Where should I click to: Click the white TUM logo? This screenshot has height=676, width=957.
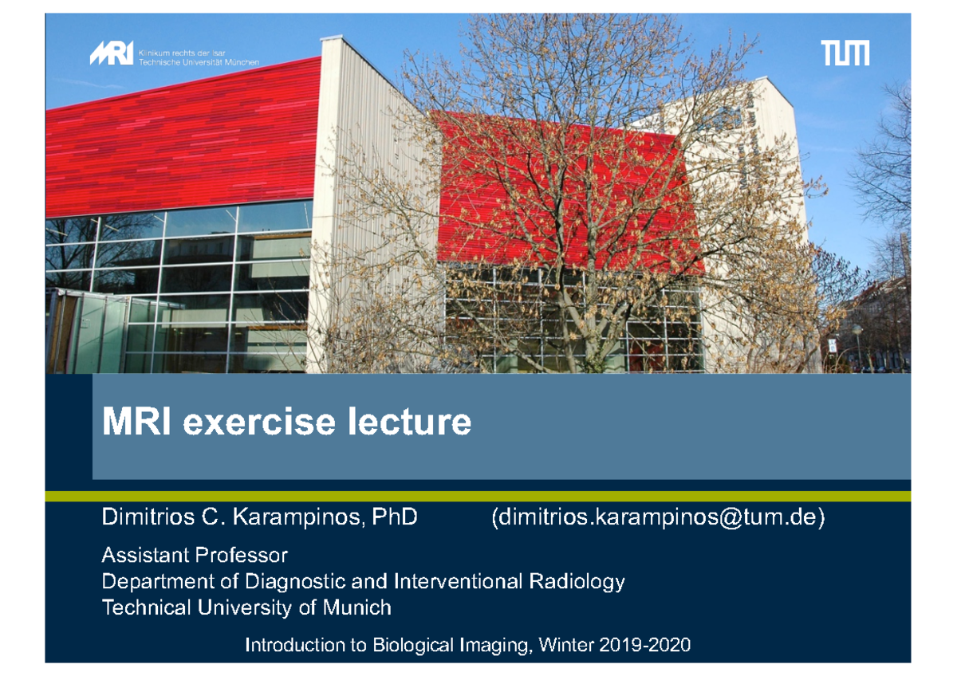pyautogui.click(x=845, y=53)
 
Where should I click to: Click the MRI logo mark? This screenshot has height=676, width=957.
pyautogui.click(x=112, y=53)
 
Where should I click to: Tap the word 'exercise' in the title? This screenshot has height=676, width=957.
pyautogui.click(x=259, y=422)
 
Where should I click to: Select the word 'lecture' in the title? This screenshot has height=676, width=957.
pyautogui.click(x=410, y=422)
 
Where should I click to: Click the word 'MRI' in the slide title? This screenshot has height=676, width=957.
pyautogui.click(x=136, y=422)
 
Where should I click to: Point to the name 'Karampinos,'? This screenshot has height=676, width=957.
pyautogui.click(x=299, y=517)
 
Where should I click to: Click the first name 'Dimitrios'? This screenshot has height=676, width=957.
pyautogui.click(x=148, y=517)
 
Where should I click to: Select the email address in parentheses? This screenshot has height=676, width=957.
pyautogui.click(x=658, y=517)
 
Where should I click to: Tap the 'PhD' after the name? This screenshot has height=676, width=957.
pyautogui.click(x=394, y=517)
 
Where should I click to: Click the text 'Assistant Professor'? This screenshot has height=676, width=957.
pyautogui.click(x=195, y=555)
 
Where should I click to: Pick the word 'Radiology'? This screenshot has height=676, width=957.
pyautogui.click(x=577, y=582)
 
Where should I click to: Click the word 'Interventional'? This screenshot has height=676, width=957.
pyautogui.click(x=458, y=581)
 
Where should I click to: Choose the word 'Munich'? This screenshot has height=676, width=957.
pyautogui.click(x=356, y=607)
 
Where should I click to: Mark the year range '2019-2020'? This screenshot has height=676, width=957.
pyautogui.click(x=644, y=645)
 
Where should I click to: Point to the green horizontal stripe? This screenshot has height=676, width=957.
pyautogui.click(x=478, y=496)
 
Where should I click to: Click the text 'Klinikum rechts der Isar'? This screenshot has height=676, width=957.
pyautogui.click(x=182, y=53)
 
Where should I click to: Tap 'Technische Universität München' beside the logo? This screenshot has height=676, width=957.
pyautogui.click(x=199, y=62)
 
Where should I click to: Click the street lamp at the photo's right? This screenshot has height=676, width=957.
pyautogui.click(x=857, y=346)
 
